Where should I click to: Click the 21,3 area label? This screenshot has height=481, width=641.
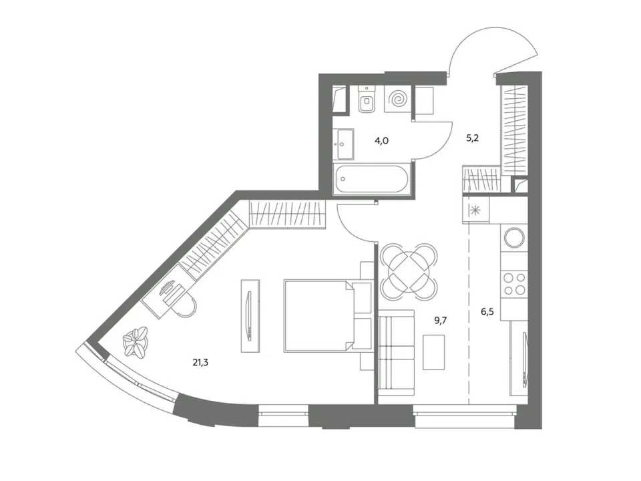pos(200,362)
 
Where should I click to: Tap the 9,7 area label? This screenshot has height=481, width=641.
pos(440,320)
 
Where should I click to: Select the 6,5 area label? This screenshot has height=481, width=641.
pos(487,312)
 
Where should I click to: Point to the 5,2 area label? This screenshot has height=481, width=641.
pos(472,138)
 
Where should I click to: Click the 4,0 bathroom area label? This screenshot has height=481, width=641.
pos(381,141)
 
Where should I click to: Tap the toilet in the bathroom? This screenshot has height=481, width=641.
pos(367,99)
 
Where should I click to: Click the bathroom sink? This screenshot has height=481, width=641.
pos(345,144)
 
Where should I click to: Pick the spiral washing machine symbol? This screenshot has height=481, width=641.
pos(397,100)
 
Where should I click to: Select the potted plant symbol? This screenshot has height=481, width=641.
pos(136,341)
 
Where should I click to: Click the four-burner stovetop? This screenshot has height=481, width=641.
pos(514,284)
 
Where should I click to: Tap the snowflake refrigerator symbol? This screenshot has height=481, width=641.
pos(475,211)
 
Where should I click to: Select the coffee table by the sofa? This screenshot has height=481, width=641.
pos(433,352)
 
